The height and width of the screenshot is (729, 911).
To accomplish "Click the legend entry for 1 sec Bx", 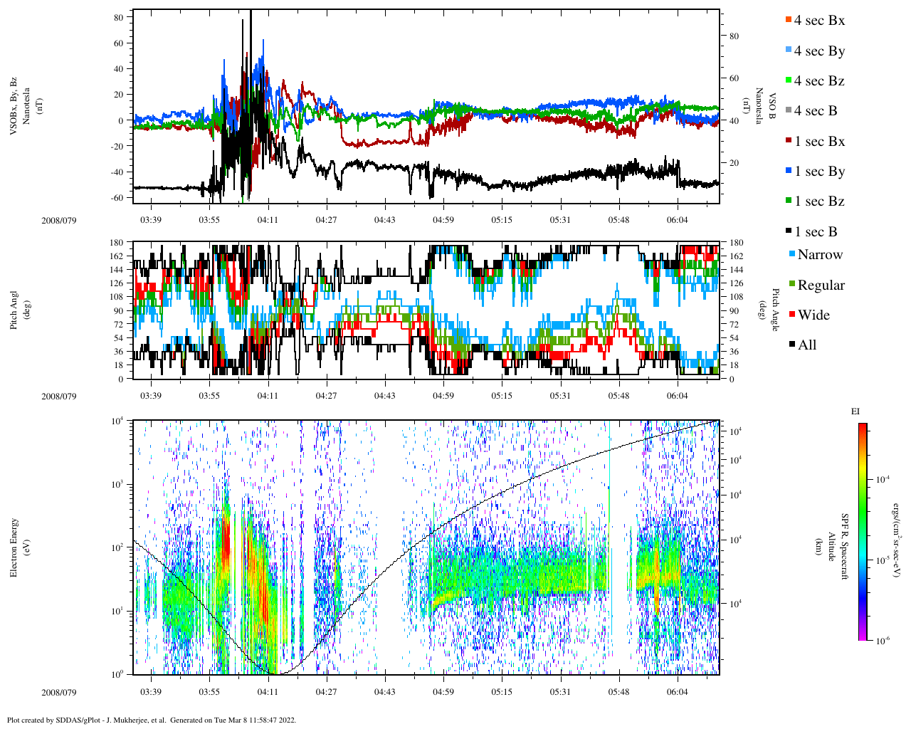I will [819, 142].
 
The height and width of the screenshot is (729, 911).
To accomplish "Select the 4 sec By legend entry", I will [819, 51].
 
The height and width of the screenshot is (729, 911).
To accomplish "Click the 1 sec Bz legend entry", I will [819, 201].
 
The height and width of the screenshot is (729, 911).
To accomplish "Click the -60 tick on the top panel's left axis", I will [117, 197].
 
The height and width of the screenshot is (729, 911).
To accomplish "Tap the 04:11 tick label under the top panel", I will [268, 220].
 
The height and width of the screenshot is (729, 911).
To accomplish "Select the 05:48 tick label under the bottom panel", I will [618, 692].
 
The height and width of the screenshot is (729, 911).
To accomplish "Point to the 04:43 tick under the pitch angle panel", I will [385, 396].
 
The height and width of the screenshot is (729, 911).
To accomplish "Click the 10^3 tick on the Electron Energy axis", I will [117, 485].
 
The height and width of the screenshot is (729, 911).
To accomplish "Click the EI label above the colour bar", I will [855, 411].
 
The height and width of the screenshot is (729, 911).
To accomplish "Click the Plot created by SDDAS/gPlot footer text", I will [151, 720].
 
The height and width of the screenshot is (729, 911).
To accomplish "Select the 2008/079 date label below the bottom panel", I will [59, 692].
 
